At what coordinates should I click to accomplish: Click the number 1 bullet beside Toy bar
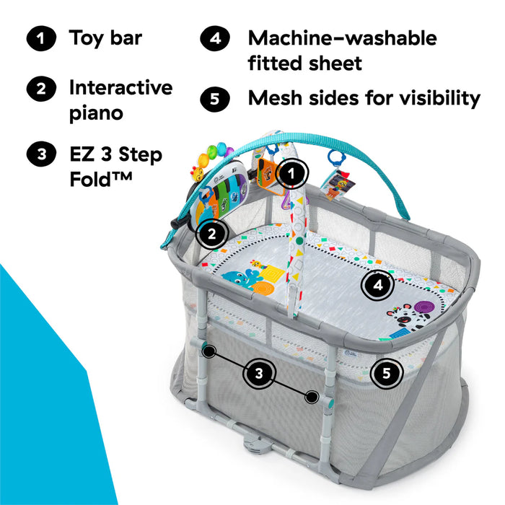[40, 40]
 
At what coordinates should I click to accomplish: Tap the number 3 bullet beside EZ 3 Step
[40, 154]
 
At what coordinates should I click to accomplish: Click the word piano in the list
[96, 113]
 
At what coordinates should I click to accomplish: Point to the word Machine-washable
[342, 38]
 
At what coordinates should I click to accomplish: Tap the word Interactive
[120, 87]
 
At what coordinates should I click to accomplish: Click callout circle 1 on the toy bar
[291, 173]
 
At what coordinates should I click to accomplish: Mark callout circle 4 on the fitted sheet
[377, 286]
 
